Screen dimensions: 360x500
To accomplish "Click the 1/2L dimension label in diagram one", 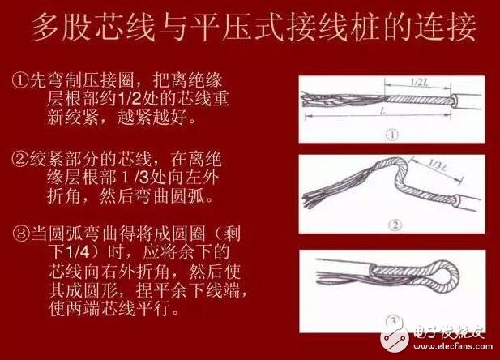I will (x=419, y=82).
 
